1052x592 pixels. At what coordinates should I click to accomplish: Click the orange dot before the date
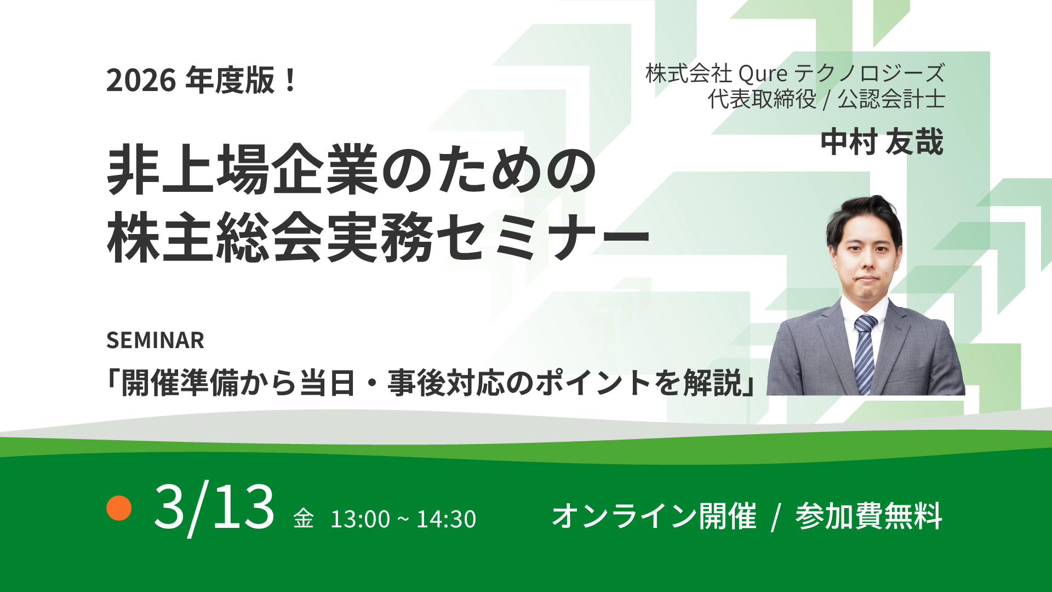point(119,508)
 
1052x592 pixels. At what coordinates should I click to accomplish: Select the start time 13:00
point(360,519)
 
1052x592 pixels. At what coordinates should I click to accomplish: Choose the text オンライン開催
point(654,516)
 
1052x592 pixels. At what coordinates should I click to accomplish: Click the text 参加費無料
point(868,516)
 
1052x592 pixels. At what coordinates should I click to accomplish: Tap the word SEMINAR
point(155,340)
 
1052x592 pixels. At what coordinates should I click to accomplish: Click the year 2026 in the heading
point(141,80)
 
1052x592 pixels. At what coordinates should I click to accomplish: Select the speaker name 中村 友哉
point(882,142)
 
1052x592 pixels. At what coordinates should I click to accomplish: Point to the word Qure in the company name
point(763,73)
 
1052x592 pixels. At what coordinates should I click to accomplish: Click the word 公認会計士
point(891,99)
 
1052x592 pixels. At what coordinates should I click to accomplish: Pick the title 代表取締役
point(762,99)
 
